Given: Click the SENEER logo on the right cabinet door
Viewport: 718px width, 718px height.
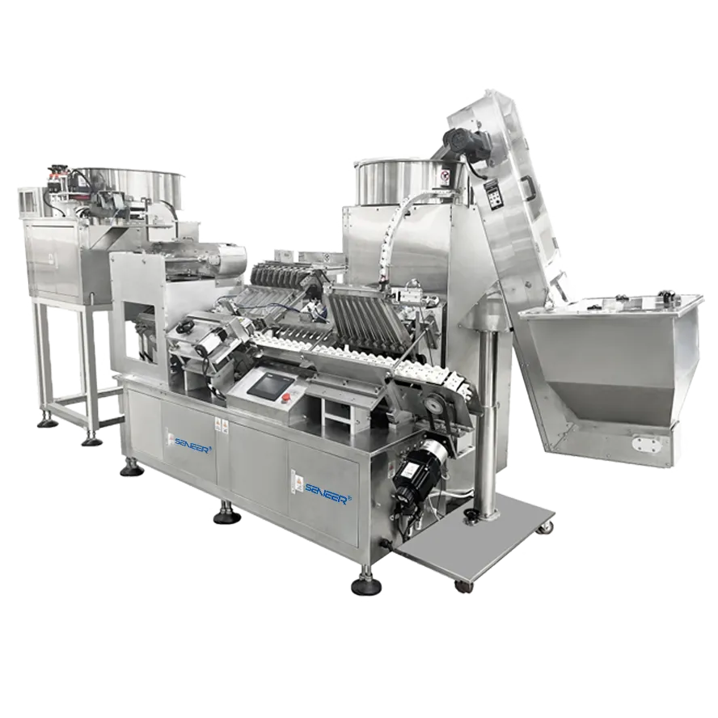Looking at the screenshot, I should point(327,488).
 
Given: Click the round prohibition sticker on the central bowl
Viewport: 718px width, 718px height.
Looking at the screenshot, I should point(443,175).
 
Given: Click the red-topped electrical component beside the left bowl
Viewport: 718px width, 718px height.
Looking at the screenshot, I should point(57,173).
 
